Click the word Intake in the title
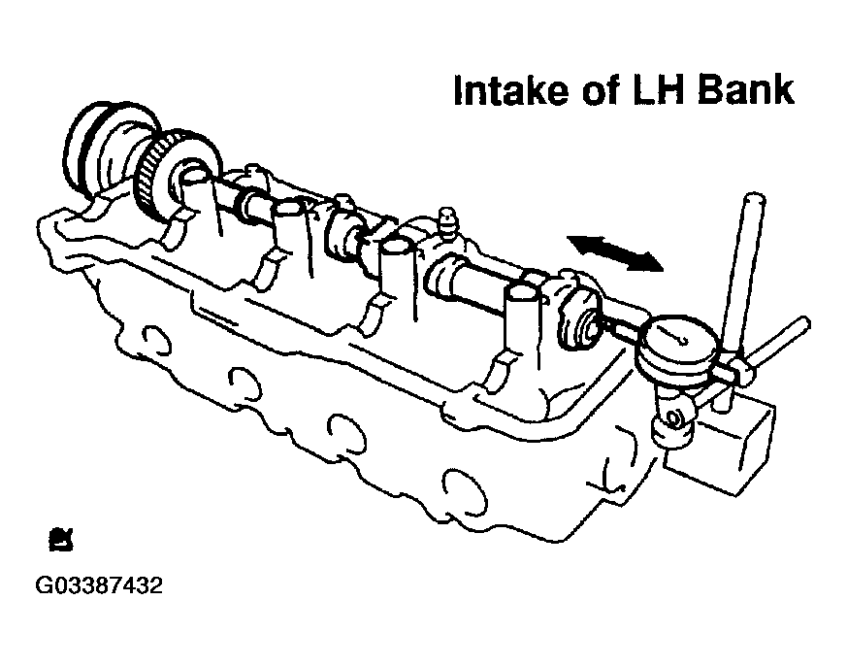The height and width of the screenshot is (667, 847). (x=510, y=90)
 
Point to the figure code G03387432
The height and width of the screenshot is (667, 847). (x=98, y=585)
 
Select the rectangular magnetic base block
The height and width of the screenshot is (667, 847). (x=721, y=446)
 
